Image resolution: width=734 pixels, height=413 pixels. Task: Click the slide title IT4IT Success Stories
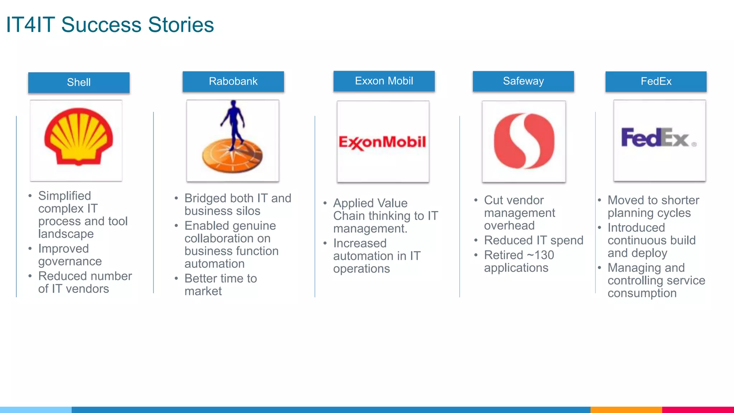point(110,25)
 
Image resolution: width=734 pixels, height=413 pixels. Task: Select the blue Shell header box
point(79,82)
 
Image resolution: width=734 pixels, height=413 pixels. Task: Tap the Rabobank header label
point(233,81)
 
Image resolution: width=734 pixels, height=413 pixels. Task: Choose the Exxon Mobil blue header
point(384,81)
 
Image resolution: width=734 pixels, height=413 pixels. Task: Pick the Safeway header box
point(523,81)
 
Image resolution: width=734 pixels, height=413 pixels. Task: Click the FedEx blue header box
point(656,81)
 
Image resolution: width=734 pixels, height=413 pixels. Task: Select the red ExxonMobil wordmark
point(382,142)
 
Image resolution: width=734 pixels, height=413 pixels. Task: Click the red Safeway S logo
point(524,141)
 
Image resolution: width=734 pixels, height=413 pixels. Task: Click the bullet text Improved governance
point(70,255)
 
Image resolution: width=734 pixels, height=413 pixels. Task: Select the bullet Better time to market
point(220,285)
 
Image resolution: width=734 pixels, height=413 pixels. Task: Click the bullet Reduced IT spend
point(533,240)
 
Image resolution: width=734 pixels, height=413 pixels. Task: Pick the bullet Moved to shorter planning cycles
point(653,206)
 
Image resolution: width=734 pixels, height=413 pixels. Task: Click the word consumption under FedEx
point(642,293)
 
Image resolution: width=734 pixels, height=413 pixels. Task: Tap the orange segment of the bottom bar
point(626,409)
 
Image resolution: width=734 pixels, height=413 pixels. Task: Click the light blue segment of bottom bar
point(36,409)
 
